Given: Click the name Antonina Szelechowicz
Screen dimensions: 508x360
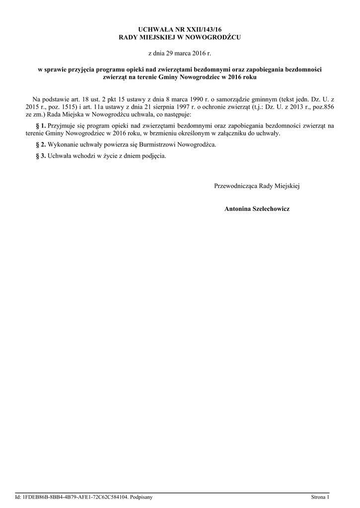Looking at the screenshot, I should pos(257,209).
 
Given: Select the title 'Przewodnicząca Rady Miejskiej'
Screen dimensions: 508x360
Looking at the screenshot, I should pos(257,186).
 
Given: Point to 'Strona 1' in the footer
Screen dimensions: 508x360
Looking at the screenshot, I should pos(320,497).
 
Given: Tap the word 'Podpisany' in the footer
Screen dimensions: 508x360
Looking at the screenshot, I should pos(141,497).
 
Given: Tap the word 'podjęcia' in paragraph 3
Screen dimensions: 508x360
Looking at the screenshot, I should pos(154,156).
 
